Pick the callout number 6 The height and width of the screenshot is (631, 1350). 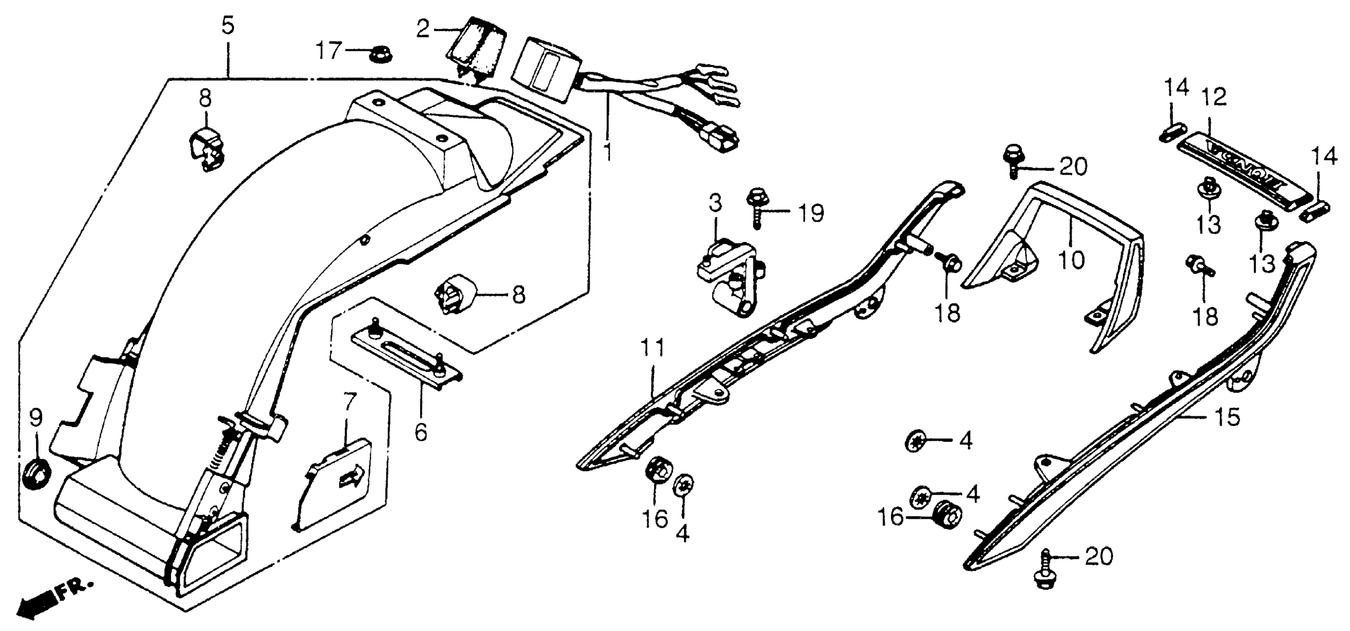point(420,432)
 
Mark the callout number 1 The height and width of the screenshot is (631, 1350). point(608,151)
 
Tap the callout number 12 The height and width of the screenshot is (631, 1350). point(1214,97)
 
